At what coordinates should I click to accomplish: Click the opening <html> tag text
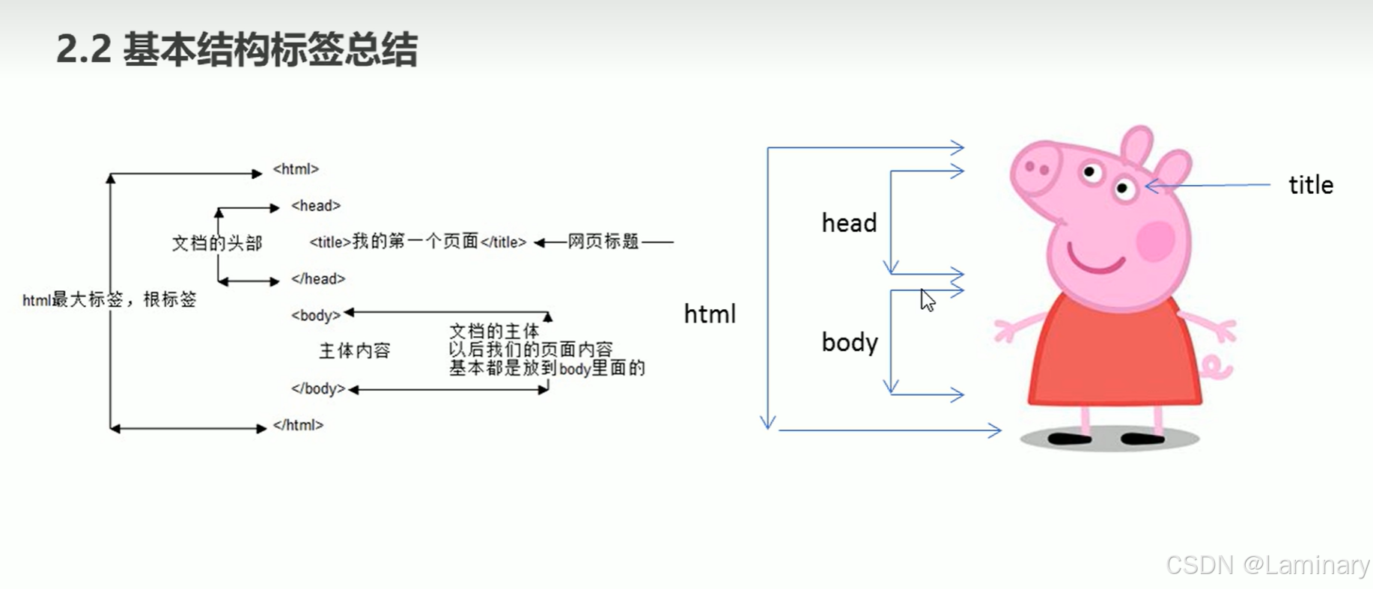(296, 169)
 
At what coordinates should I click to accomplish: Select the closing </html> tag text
(298, 425)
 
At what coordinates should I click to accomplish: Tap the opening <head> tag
(316, 206)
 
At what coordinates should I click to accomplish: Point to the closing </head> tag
(318, 279)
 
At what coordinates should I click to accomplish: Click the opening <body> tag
(316, 315)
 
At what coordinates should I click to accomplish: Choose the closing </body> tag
(318, 389)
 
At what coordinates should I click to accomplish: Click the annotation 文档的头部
(217, 243)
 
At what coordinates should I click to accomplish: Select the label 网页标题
(603, 242)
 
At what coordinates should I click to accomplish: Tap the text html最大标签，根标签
(109, 300)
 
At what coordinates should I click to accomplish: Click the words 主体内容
(355, 351)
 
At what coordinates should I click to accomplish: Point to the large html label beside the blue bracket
(710, 314)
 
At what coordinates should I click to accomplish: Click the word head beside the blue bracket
(849, 223)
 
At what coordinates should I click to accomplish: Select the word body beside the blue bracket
(850, 343)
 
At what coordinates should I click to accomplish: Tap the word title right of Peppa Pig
(1311, 185)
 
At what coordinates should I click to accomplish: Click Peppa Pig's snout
(1037, 169)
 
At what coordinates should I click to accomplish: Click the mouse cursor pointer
(928, 300)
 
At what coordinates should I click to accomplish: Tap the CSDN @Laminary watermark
(1267, 564)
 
